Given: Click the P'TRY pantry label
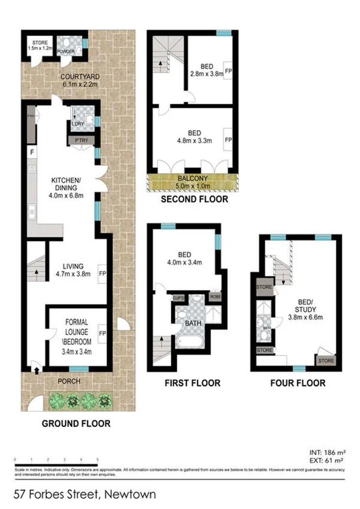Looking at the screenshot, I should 78,140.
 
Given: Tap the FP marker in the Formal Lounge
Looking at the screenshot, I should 102,334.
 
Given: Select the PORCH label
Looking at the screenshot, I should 69,381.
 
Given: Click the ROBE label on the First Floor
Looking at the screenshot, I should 215,297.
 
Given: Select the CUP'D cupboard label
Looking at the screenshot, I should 178,297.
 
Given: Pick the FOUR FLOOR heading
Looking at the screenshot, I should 298,382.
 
